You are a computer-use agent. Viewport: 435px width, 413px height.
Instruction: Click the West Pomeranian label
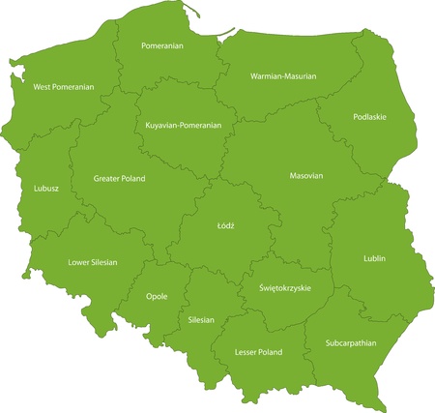pos(64,87)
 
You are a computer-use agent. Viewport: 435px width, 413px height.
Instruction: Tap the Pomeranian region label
pos(162,45)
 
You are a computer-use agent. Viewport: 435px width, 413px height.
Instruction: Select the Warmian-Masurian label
pos(283,75)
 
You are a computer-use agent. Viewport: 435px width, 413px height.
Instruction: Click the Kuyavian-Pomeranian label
pos(183,126)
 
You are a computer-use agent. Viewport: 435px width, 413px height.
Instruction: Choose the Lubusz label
pos(45,189)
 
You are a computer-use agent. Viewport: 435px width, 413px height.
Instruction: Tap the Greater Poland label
pos(120,179)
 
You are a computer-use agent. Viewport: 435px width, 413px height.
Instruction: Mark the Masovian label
pos(305,176)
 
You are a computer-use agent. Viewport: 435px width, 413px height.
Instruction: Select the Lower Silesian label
pos(94,262)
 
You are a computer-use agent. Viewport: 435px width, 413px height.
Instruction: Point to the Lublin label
pos(374,258)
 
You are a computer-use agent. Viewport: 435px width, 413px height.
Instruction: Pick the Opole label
pos(156,297)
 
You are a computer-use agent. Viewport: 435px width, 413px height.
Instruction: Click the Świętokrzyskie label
pos(285,288)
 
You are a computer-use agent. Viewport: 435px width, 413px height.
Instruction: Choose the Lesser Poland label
pos(258,353)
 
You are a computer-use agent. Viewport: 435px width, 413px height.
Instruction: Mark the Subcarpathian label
pos(351,343)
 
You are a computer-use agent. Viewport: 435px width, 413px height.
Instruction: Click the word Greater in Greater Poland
pos(107,179)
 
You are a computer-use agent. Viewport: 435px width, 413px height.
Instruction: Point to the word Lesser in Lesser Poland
pos(246,353)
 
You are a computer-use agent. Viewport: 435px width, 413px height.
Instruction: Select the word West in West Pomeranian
pos(43,87)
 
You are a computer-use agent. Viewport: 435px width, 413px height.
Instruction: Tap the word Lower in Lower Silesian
pos(79,262)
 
